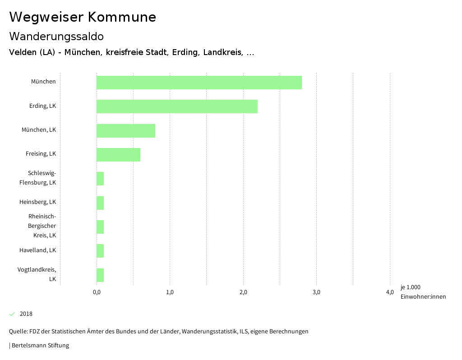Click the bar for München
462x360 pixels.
pos(199,83)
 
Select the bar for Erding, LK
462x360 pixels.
pos(177,106)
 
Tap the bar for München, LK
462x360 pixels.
pos(126,131)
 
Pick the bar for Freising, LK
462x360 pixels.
pos(118,155)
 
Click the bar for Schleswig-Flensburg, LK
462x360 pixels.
pos(100,179)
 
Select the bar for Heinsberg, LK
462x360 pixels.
pos(100,203)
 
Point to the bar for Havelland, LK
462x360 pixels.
pos(100,251)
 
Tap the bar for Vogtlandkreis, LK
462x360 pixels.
pos(100,275)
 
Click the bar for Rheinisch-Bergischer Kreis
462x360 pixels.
pos(100,227)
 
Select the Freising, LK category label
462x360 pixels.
pos(41,154)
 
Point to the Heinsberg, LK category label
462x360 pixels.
pos(37,202)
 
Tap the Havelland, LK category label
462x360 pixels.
pos(37,250)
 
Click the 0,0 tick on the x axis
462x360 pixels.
pos(97,292)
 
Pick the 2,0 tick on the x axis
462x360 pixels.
pos(243,292)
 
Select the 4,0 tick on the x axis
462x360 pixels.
pos(390,292)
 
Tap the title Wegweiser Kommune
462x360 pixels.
pos(83,17)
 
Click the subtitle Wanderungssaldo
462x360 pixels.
pos(56,36)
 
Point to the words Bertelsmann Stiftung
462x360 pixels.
pos(40,346)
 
